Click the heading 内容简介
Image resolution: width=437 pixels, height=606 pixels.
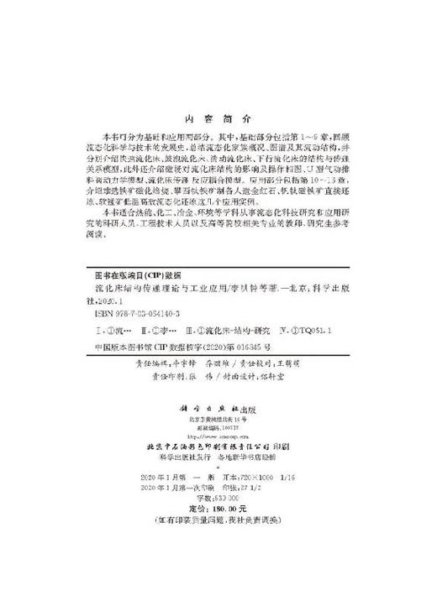coord(218,120)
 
